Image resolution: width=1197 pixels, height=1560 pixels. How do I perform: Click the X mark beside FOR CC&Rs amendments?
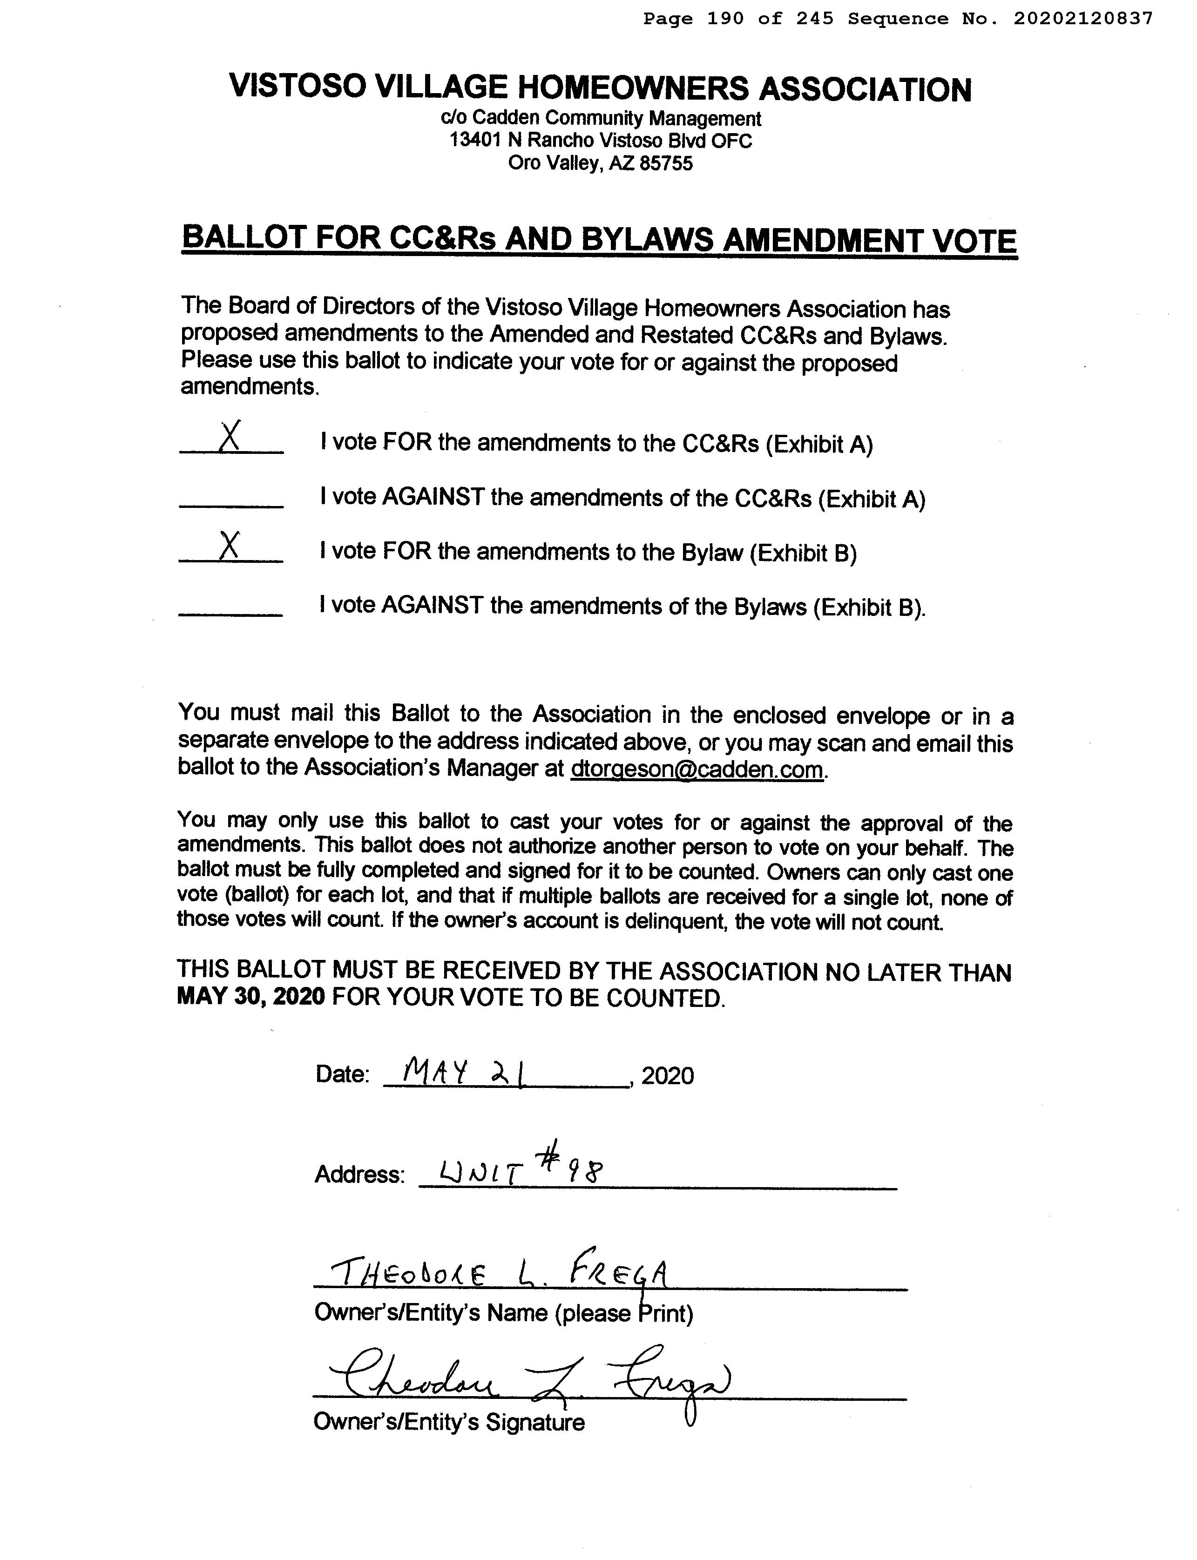pyautogui.click(x=230, y=436)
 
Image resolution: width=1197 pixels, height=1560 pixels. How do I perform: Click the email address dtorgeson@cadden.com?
pyautogui.click(x=697, y=770)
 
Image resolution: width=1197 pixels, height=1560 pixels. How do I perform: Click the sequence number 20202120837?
pyautogui.click(x=1083, y=19)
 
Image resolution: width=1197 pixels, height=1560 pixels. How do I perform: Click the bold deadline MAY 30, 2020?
pyautogui.click(x=251, y=997)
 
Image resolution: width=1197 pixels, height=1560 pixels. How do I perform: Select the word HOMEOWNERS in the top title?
pyautogui.click(x=633, y=88)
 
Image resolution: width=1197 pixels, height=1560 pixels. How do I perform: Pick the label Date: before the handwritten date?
pyautogui.click(x=343, y=1074)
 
